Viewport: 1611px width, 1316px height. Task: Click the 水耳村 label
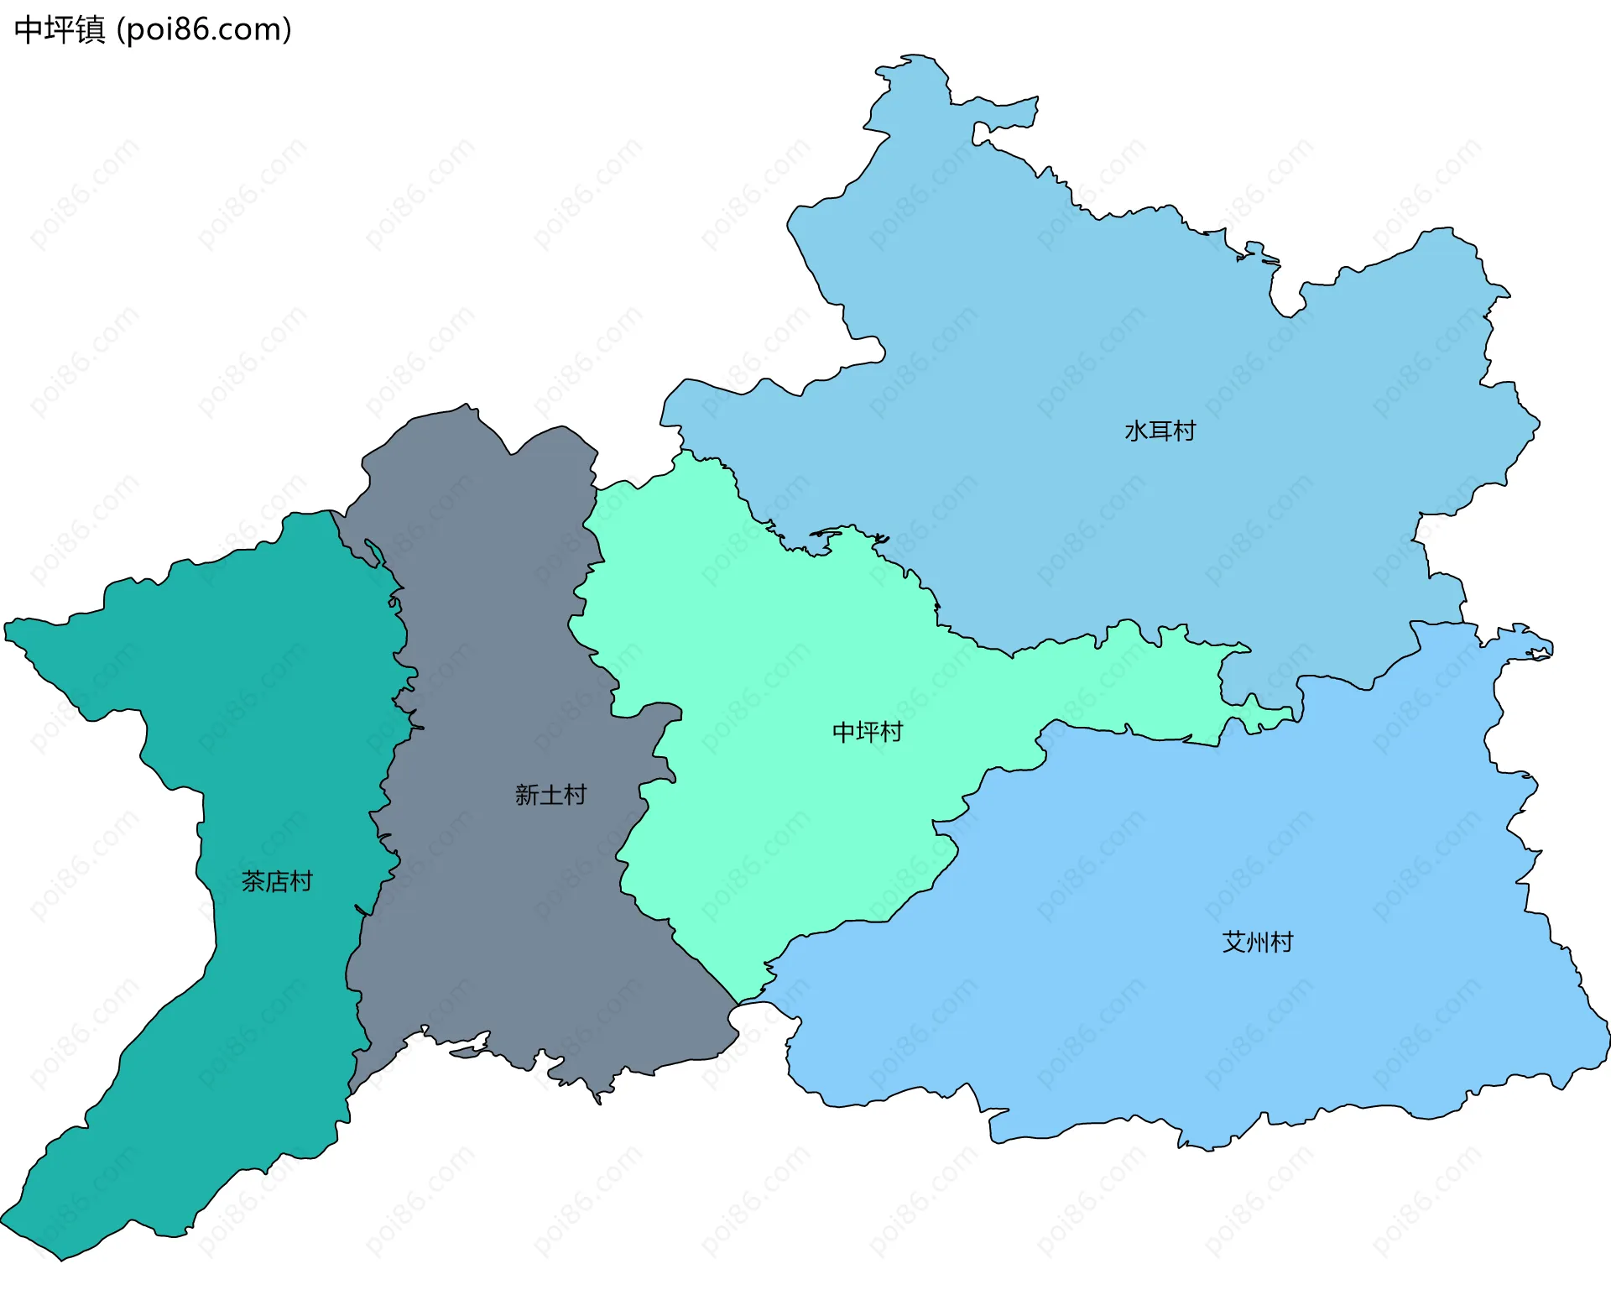click(1160, 431)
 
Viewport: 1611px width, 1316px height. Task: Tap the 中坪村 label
click(867, 732)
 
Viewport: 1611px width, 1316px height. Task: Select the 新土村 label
click(550, 795)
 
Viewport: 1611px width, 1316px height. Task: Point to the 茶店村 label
click(277, 881)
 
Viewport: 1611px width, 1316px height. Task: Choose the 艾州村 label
click(1257, 943)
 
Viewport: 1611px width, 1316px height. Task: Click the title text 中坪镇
click(60, 29)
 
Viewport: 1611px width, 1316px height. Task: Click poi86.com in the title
click(204, 29)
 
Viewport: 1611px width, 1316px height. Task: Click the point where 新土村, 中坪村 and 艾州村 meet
click(738, 1004)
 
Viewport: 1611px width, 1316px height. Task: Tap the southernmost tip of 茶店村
click(61, 1260)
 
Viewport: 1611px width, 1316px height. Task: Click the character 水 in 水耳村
click(1136, 431)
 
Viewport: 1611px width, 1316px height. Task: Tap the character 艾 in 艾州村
click(1233, 943)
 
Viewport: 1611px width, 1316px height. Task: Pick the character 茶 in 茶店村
click(253, 881)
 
